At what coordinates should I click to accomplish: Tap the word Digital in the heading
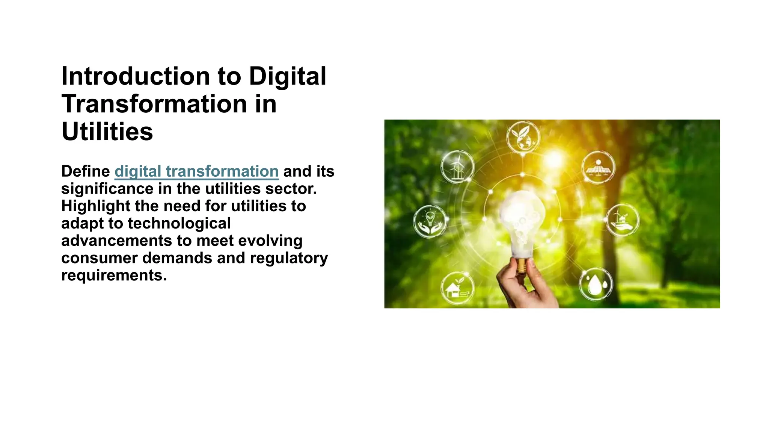pos(287,76)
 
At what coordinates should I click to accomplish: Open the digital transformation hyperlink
pos(196,171)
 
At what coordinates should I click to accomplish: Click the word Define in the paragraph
pos(86,171)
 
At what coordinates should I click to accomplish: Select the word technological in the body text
pos(179,223)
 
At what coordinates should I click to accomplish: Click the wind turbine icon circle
pos(457,167)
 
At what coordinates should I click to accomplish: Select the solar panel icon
pos(598,167)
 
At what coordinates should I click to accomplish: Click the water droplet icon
pos(596,285)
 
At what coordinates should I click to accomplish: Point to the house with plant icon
pos(457,288)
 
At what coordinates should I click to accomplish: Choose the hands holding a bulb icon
pos(430,221)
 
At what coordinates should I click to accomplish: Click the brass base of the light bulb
pos(522,265)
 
